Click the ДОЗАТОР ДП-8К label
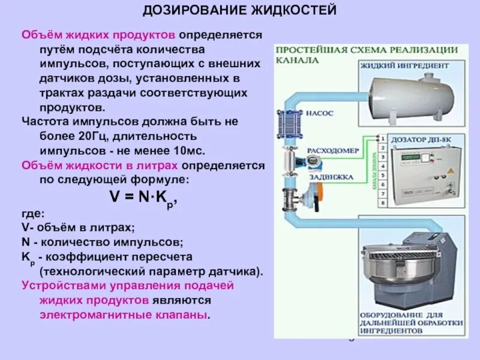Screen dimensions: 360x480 pyautogui.click(x=422, y=139)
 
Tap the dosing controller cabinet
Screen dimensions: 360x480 pyautogui.click(x=420, y=174)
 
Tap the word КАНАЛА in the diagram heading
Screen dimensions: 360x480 pyautogui.click(x=295, y=61)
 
